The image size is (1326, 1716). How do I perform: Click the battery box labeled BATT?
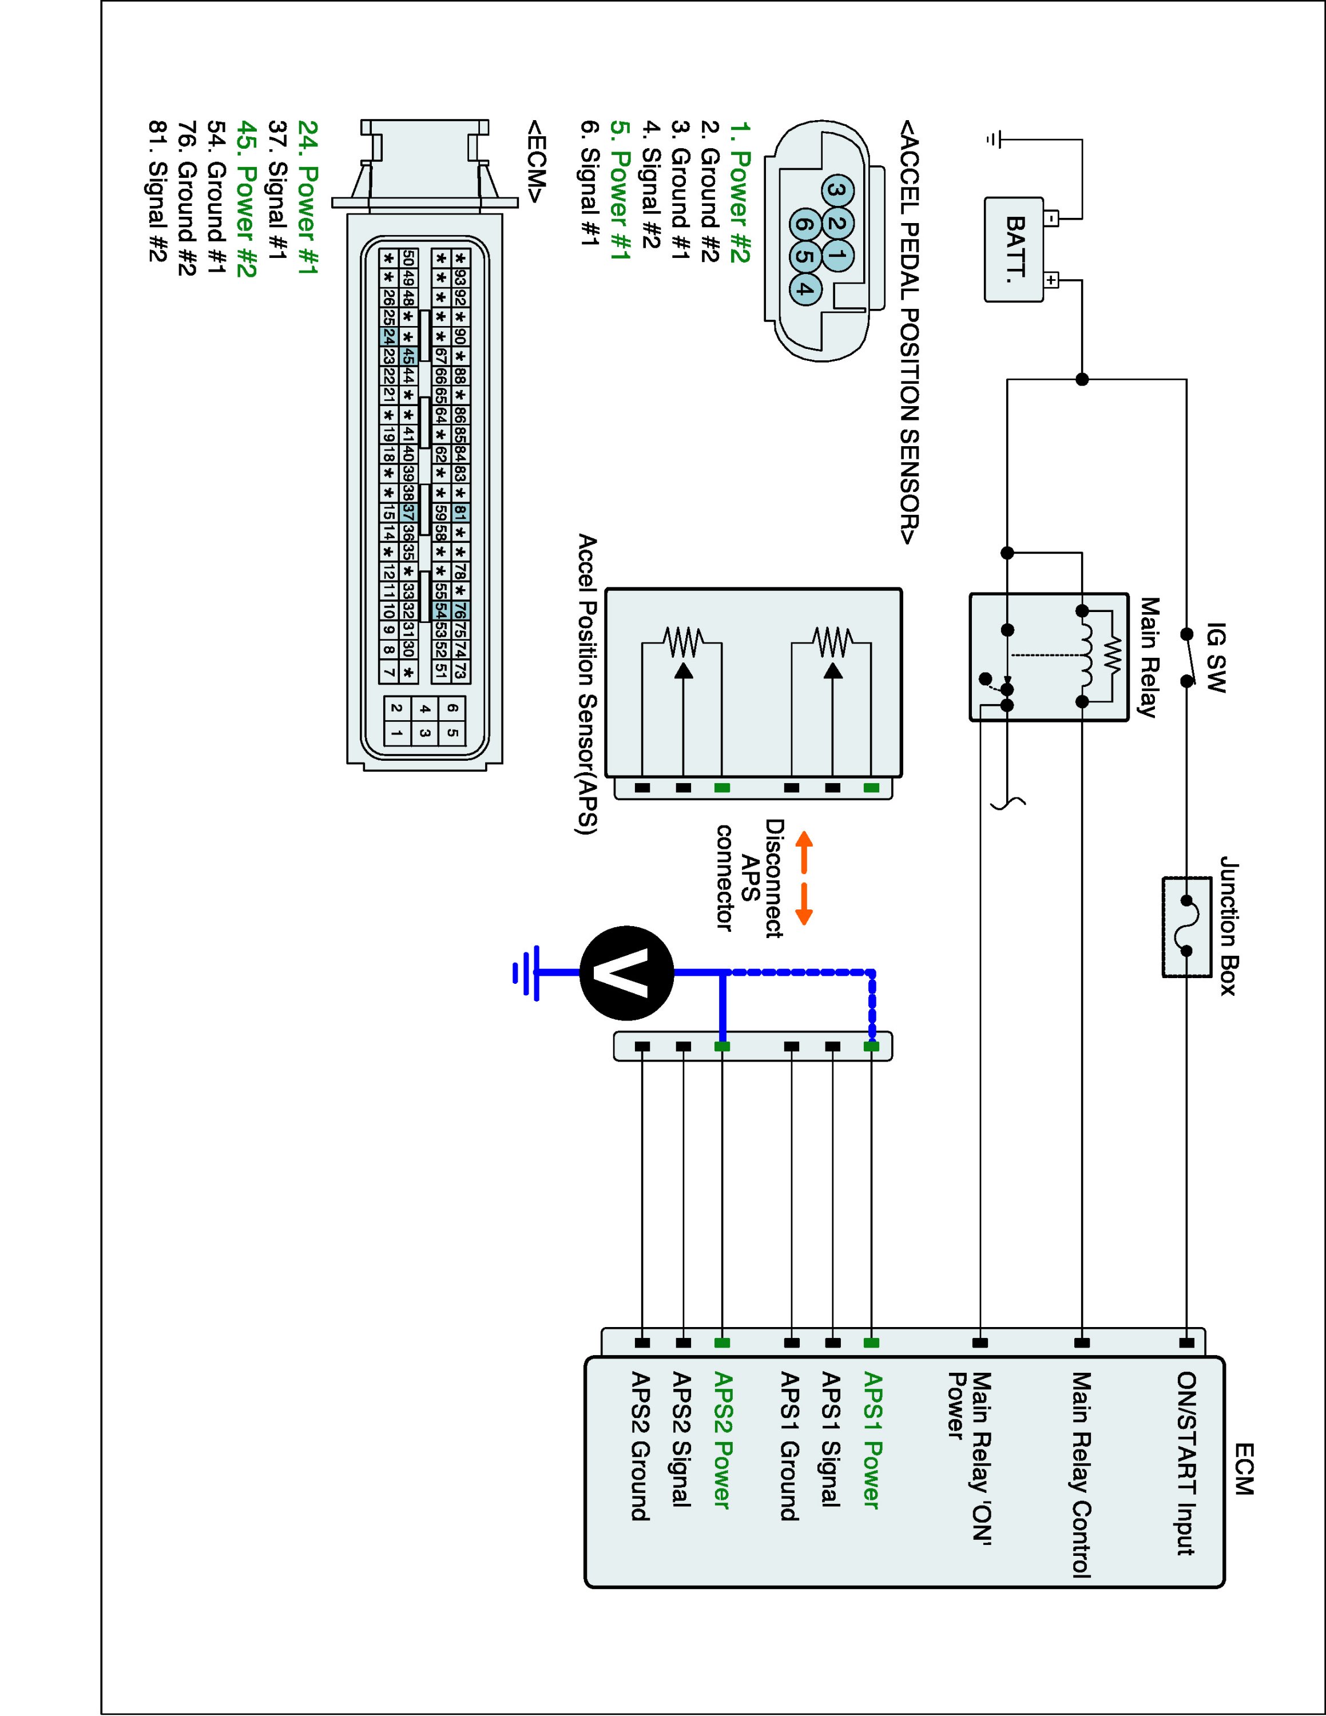coord(1015,248)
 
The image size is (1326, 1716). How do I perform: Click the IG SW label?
coord(1215,658)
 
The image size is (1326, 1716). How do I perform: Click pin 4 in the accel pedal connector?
coord(802,288)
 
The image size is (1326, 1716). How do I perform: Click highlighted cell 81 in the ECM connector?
coord(460,513)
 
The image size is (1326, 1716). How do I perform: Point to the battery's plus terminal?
coord(1052,280)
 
